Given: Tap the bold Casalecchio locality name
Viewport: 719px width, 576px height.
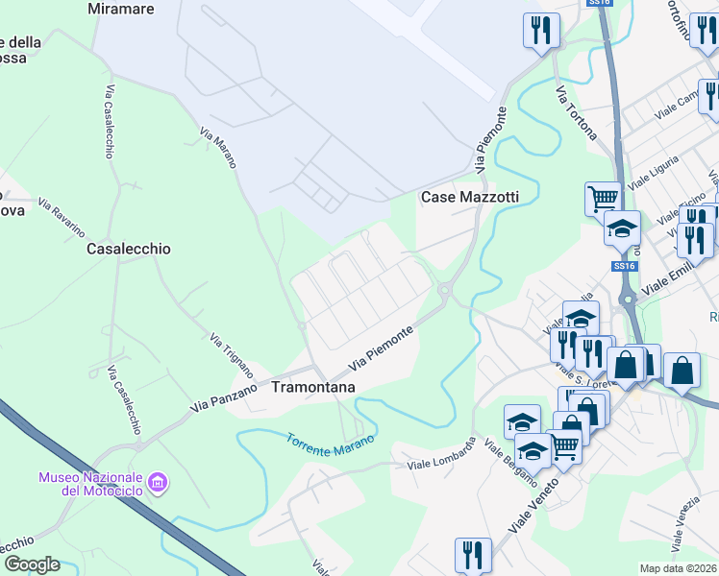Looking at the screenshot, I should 129,249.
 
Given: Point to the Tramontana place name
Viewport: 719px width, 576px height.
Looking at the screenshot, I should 313,387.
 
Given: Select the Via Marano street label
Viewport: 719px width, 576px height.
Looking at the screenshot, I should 218,148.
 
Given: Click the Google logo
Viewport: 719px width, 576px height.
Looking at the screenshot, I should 31,564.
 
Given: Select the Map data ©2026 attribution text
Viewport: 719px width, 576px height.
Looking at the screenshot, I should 678,568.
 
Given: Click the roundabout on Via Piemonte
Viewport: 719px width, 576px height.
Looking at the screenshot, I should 444,289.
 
